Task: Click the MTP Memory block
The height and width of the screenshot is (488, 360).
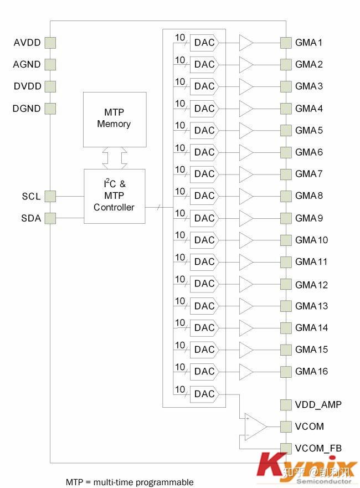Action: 115,119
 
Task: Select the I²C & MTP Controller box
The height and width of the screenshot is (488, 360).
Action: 114,196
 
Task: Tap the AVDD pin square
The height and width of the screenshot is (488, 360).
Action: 50,43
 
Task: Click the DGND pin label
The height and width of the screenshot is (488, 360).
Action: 27,109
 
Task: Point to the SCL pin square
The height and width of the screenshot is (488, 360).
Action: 50,196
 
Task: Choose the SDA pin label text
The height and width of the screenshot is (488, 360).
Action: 31,218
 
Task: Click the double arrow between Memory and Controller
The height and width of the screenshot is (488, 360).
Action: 115,158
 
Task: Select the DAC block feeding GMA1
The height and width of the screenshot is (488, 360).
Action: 204,43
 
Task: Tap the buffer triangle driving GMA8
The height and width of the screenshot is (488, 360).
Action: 246,196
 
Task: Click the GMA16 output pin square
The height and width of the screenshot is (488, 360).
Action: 286,371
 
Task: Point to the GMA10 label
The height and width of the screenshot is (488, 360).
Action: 311,240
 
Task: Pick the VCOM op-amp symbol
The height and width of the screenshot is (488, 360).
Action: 255,427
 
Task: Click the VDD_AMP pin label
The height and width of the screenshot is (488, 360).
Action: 318,404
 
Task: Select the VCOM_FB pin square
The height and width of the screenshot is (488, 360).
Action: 286,448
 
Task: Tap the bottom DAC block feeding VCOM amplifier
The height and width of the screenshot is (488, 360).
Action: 204,394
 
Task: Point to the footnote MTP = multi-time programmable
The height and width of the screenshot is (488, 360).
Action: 130,482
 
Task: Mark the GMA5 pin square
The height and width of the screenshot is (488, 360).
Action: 286,130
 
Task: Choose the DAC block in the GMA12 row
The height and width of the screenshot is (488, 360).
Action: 204,284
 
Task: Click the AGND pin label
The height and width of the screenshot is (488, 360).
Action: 27,64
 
